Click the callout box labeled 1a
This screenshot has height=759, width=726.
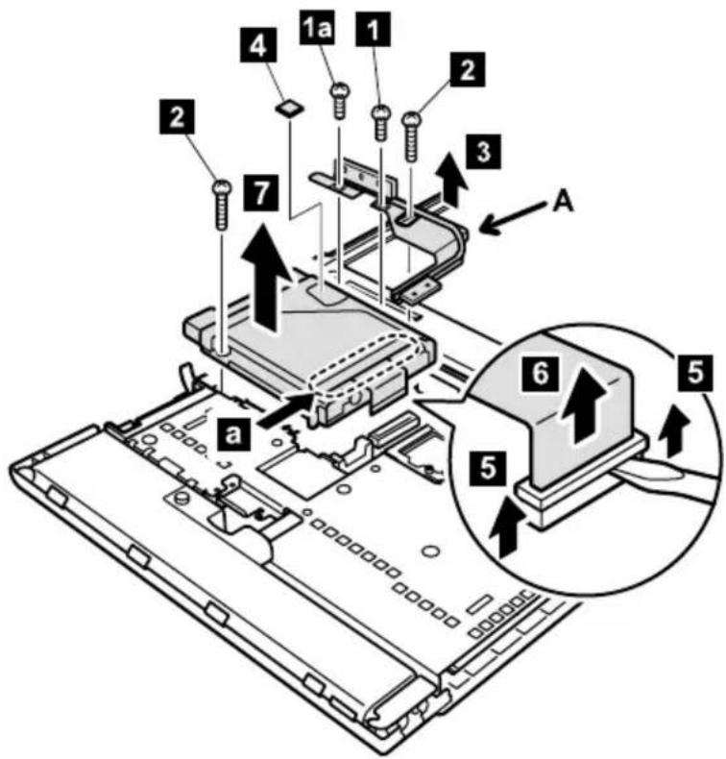[x=317, y=30]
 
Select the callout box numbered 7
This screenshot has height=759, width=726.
[x=261, y=193]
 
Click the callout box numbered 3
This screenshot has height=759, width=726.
[x=484, y=152]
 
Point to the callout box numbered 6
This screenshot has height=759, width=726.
[x=540, y=373]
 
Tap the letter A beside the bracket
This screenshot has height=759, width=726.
[x=563, y=204]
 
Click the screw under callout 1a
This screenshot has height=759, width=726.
[x=340, y=101]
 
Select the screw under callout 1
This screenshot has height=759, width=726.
[x=381, y=123]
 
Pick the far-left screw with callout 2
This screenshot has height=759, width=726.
[x=222, y=205]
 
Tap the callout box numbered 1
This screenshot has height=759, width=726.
[x=373, y=30]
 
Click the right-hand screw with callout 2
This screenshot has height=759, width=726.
[x=412, y=136]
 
